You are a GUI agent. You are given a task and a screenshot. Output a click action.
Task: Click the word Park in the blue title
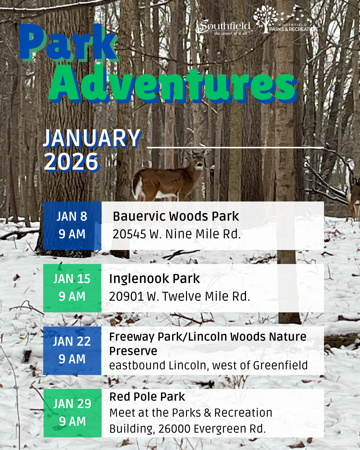pyautogui.click(x=68, y=43)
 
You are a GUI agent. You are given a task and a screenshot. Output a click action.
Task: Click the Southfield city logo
pyautogui.click(x=224, y=27)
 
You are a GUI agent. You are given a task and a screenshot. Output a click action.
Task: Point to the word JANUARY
pyautogui.click(x=92, y=138)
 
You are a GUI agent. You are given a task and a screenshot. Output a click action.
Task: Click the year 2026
pyautogui.click(x=71, y=162)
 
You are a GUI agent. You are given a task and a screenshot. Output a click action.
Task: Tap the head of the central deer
pyautogui.click(x=199, y=161)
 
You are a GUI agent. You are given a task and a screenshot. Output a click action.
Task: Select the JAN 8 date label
pyautogui.click(x=72, y=217)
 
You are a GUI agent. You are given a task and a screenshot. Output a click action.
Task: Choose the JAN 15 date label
pyautogui.click(x=72, y=279)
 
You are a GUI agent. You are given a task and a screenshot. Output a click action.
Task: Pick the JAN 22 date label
pyautogui.click(x=72, y=341)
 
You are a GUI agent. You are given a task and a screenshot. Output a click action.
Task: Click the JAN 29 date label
pyautogui.click(x=72, y=404)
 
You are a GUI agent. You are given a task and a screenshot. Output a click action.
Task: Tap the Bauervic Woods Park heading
pyautogui.click(x=176, y=216)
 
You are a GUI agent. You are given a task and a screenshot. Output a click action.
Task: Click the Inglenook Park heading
pyautogui.click(x=155, y=279)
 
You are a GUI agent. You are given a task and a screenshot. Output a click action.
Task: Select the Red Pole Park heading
pyautogui.click(x=147, y=397)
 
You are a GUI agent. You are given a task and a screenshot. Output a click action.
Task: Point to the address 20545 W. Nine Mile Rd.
pyautogui.click(x=177, y=234)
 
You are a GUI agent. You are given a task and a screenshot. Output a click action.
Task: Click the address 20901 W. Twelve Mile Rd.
pyautogui.click(x=179, y=296)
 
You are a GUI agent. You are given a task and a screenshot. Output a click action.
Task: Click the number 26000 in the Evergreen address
pyautogui.click(x=173, y=429)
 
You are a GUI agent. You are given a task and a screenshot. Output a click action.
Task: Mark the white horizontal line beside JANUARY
pyautogui.click(x=235, y=147)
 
